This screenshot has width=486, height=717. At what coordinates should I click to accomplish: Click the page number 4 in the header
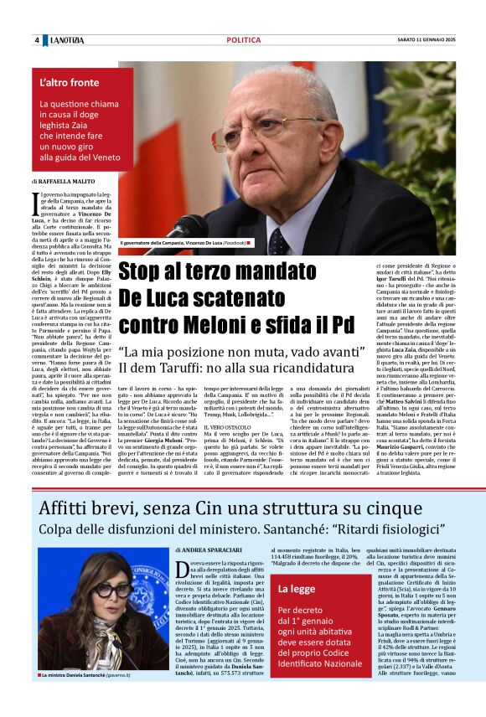coord(37,41)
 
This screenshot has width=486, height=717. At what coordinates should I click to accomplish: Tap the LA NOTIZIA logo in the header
coord(67,41)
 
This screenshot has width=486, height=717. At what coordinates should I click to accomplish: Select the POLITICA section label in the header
coord(243,41)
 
